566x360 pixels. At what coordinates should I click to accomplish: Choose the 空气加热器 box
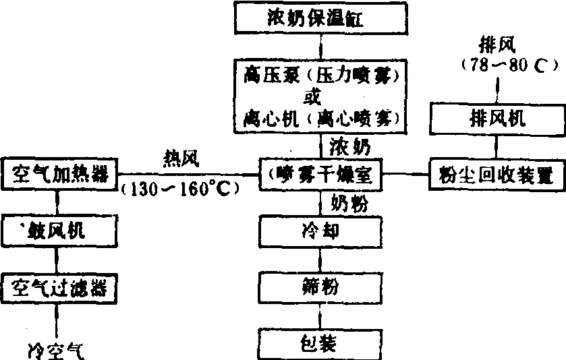coord(60,174)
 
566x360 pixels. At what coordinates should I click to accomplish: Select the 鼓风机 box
coord(60,231)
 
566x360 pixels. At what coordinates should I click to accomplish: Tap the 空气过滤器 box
coord(60,289)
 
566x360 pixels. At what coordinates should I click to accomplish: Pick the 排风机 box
coord(497,119)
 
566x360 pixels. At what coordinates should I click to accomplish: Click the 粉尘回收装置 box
coord(497,175)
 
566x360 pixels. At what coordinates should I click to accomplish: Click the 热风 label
coord(181,157)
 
